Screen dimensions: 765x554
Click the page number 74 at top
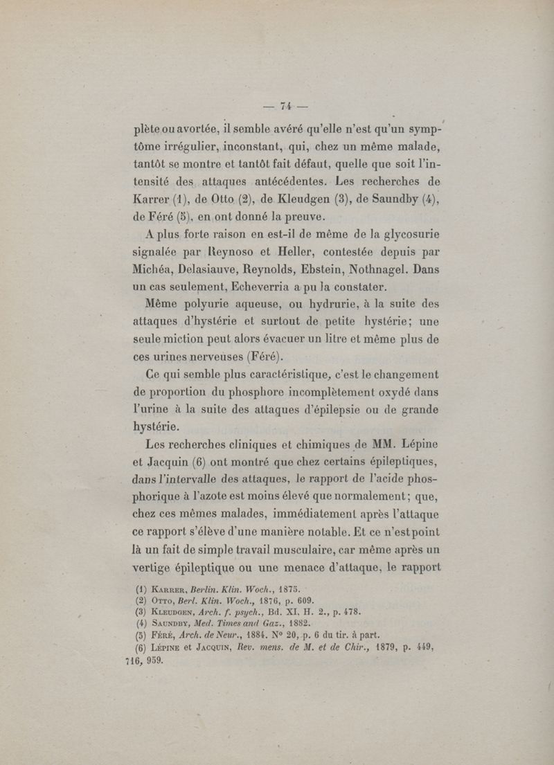coord(284,106)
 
